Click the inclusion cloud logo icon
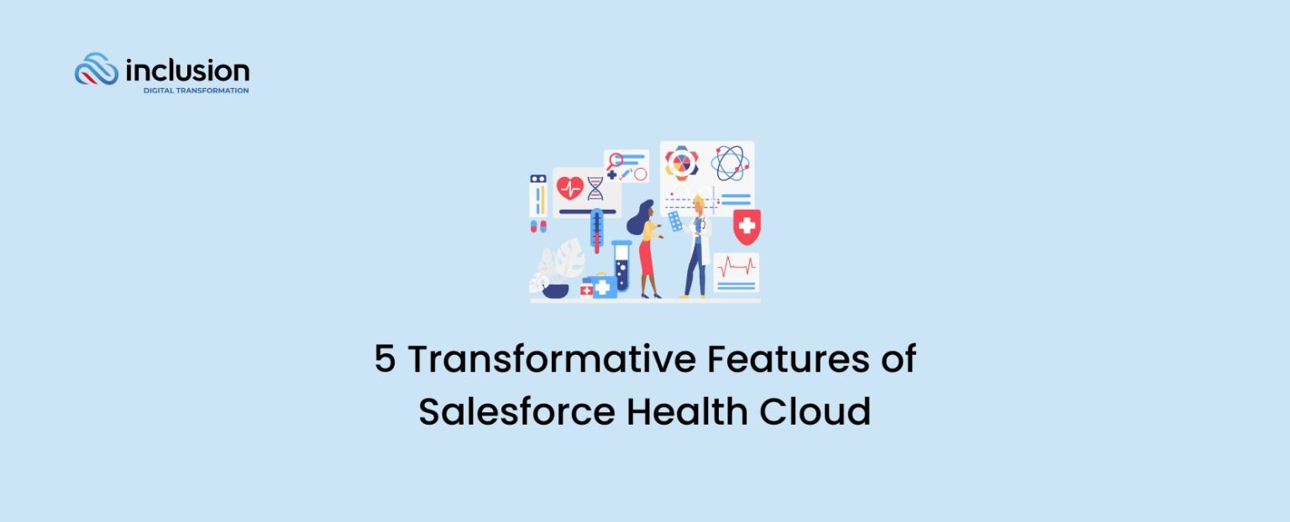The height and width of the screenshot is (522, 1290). click(96, 70)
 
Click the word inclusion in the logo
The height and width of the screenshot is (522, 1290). click(186, 70)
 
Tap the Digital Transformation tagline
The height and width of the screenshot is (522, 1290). click(196, 91)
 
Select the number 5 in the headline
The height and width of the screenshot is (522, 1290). click(385, 360)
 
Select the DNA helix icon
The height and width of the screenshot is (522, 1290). click(595, 188)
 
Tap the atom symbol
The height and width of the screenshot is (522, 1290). click(728, 163)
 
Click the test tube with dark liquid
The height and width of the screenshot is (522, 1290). click(621, 267)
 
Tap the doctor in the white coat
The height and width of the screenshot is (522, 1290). click(696, 247)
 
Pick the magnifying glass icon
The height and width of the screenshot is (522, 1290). click(617, 159)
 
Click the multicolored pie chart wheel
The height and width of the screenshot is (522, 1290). click(682, 163)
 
